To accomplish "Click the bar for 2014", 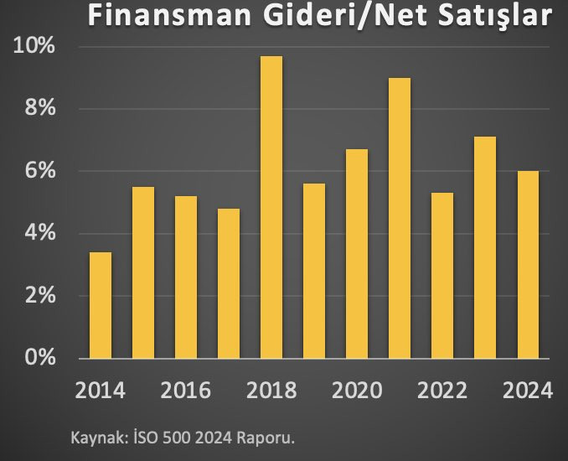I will [101, 305].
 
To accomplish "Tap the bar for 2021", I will [400, 218].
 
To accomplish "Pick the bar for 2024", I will [528, 265].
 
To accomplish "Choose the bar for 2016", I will [186, 277].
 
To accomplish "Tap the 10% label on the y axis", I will [34, 47].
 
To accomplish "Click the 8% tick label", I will [39, 109].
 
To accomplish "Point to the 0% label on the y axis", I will [39, 359].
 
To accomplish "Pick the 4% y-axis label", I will [39, 234].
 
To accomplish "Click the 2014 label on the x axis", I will [100, 391].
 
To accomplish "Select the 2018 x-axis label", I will [271, 391].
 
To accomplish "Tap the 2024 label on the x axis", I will [529, 391].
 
